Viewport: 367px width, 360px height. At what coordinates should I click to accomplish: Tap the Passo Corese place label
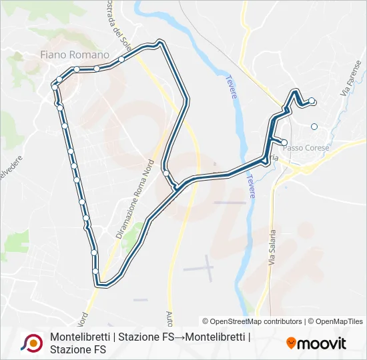pyautogui.click(x=308, y=147)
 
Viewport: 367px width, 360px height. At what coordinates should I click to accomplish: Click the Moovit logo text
pyautogui.click(x=321, y=343)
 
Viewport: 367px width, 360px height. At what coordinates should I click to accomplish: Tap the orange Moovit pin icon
pyautogui.click(x=291, y=343)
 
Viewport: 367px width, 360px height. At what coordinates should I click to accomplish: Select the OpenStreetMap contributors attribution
pyautogui.click(x=252, y=321)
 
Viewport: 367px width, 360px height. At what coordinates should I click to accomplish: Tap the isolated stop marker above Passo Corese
pyautogui.click(x=314, y=127)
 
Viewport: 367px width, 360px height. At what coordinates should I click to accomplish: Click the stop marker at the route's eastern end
pyautogui.click(x=312, y=101)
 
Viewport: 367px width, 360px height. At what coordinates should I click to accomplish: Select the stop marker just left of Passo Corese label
pyautogui.click(x=284, y=143)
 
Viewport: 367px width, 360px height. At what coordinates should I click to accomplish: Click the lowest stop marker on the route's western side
pyautogui.click(x=95, y=271)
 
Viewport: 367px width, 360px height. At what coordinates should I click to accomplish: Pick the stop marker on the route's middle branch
pyautogui.click(x=165, y=173)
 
